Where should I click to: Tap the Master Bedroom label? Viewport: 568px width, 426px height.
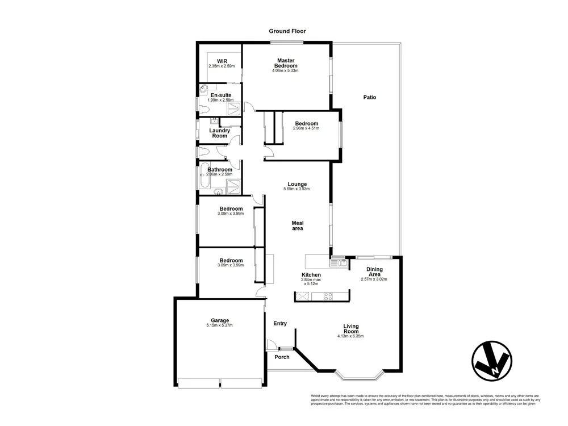pyautogui.click(x=286, y=63)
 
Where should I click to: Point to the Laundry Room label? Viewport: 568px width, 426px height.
pyautogui.click(x=219, y=133)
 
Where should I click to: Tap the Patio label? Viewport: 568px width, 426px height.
pyautogui.click(x=370, y=97)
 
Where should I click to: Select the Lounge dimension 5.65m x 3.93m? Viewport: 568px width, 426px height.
pyautogui.click(x=297, y=189)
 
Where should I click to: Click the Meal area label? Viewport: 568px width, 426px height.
pyautogui.click(x=297, y=225)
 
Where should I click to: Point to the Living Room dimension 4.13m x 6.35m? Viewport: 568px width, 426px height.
pyautogui.click(x=350, y=336)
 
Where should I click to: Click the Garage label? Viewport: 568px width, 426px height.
pyautogui.click(x=219, y=320)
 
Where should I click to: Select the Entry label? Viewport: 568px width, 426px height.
pyautogui.click(x=280, y=323)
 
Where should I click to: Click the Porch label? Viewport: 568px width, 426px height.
pyautogui.click(x=282, y=357)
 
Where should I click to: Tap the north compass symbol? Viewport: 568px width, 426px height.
pyautogui.click(x=491, y=361)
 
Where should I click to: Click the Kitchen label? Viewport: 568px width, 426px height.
pyautogui.click(x=311, y=275)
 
